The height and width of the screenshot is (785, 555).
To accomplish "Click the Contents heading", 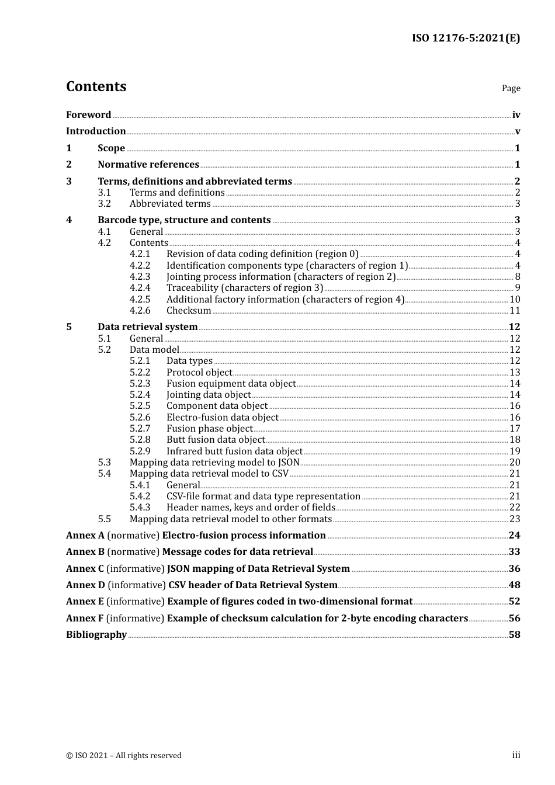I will coord(96,86).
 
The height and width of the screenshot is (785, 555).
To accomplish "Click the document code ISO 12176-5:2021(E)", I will coord(466,38).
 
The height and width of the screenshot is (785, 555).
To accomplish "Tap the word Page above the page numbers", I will coord(511,88).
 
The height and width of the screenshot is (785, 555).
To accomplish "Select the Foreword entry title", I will coord(88,114).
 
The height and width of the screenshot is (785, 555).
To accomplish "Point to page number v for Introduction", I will coord(518,131).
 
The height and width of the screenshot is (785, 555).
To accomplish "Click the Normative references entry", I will coord(148,165).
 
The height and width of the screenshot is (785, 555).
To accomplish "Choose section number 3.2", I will coord(104,204).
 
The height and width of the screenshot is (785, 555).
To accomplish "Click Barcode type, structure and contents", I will coord(184,220).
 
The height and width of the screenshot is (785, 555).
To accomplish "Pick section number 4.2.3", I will coord(140,277).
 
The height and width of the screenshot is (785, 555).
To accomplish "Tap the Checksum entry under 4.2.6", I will coord(189,311).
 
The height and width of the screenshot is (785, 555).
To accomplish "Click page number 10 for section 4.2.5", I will coord(515,300).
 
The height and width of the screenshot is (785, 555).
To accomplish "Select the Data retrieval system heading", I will coord(147,327).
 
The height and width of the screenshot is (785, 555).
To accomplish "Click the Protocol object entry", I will coord(199,373).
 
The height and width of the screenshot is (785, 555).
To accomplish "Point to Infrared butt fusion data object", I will coord(234,451).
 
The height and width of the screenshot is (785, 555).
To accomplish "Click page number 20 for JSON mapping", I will coord(515,463).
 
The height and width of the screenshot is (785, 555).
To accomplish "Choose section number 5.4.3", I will coord(140,508).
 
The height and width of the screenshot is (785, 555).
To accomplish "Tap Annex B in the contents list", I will coord(85,552).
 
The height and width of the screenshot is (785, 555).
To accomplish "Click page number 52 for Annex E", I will coord(515,602).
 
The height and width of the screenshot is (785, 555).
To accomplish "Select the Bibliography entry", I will coord(96,635).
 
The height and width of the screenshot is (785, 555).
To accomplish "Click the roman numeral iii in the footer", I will coord(516,755).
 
